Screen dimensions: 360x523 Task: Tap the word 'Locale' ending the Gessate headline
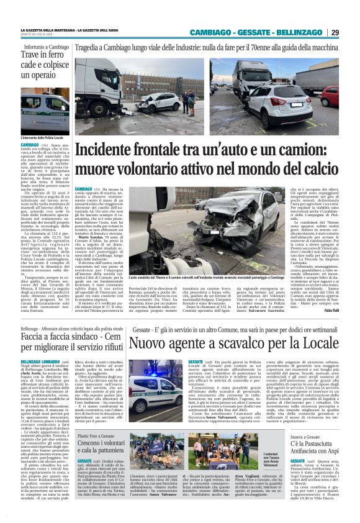tap(315, 341)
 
